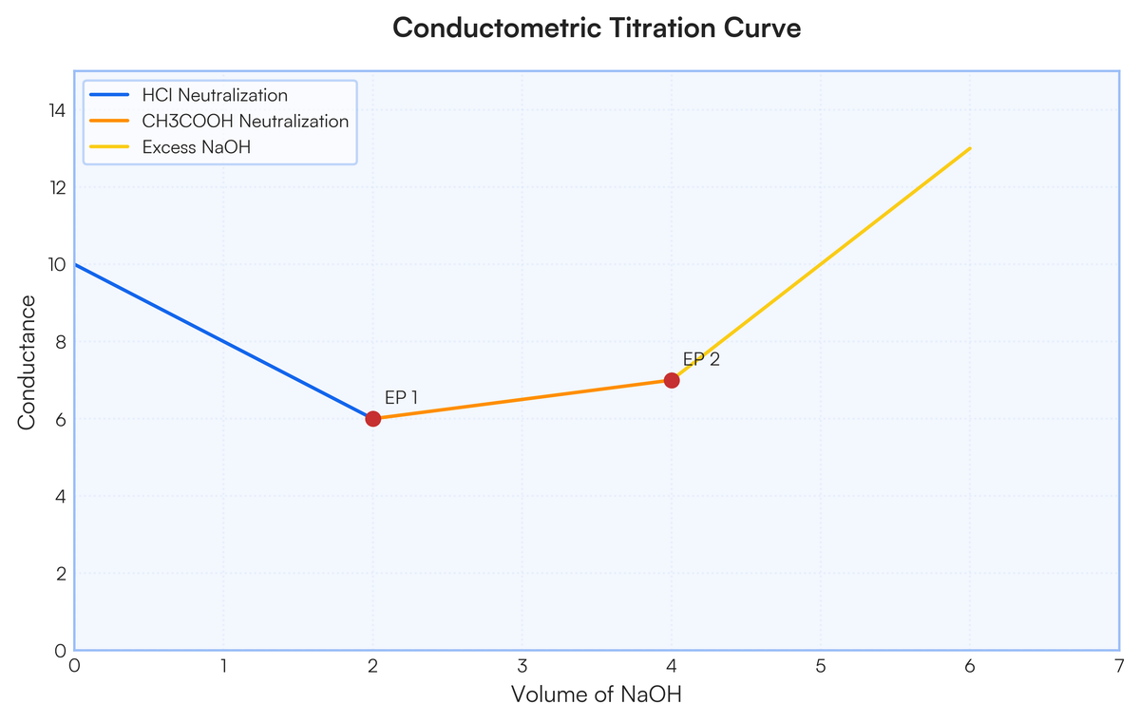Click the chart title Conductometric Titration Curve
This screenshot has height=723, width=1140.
[597, 29]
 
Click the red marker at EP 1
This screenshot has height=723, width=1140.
[373, 419]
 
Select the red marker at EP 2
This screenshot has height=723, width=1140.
[672, 380]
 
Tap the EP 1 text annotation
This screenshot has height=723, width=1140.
[401, 398]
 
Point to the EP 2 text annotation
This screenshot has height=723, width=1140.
[701, 359]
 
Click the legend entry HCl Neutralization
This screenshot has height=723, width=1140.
[214, 95]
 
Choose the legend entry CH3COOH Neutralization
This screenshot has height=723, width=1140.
[245, 122]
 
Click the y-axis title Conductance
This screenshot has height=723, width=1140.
[27, 362]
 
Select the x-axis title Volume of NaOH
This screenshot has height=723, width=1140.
[597, 694]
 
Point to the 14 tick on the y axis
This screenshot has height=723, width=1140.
[56, 110]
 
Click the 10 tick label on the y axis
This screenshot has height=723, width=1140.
[56, 265]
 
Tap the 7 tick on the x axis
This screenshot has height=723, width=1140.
[1118, 666]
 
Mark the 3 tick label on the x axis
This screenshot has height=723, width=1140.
[522, 666]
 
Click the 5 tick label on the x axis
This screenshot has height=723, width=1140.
[820, 666]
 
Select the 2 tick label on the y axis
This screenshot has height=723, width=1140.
[60, 574]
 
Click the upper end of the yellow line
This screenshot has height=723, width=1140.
[969, 148]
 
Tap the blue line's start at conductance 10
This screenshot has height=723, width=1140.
[76, 265]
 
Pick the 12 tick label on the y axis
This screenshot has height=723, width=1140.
[56, 187]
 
